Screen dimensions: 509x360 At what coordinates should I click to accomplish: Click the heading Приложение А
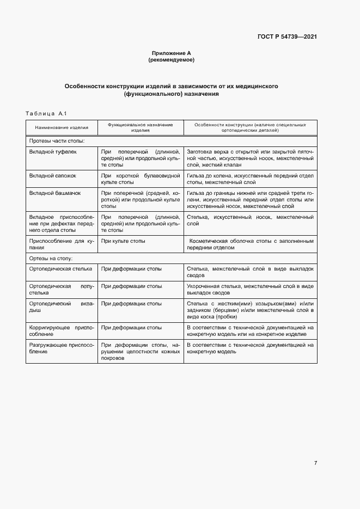click(x=171, y=53)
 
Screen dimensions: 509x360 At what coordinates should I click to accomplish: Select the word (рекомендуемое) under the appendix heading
click(x=171, y=60)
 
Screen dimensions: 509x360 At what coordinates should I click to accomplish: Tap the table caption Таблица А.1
click(x=46, y=113)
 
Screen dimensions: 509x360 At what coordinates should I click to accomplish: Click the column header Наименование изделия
click(x=62, y=127)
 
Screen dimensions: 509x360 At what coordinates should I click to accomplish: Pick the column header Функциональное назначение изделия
click(x=140, y=127)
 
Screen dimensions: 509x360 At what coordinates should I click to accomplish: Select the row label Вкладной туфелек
click(x=53, y=152)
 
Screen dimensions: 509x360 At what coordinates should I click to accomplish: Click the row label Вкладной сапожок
click(x=53, y=176)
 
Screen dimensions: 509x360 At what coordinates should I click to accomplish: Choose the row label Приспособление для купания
click(x=62, y=244)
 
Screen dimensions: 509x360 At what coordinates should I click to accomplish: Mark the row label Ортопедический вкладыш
click(x=62, y=307)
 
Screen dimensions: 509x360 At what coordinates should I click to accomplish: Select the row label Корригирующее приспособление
click(x=62, y=331)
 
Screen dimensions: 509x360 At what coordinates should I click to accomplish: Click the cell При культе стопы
click(x=123, y=241)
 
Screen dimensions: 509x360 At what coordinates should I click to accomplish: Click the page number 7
click(x=315, y=463)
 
